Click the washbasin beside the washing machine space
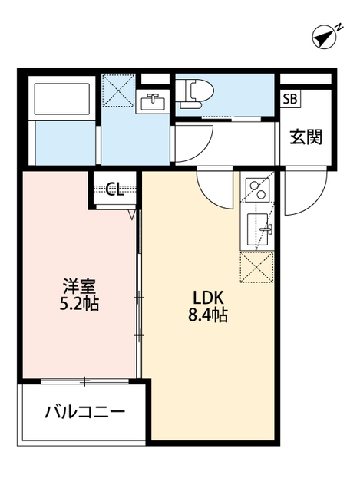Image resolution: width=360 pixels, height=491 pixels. [x=153, y=101]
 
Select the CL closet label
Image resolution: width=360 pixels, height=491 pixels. [x=114, y=189]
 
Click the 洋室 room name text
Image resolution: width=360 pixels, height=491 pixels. [x=79, y=286]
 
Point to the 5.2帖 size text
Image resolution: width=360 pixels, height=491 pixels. [x=79, y=303]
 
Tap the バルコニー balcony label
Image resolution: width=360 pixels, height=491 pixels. [x=84, y=412]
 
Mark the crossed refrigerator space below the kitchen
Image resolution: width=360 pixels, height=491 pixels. [x=256, y=267]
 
